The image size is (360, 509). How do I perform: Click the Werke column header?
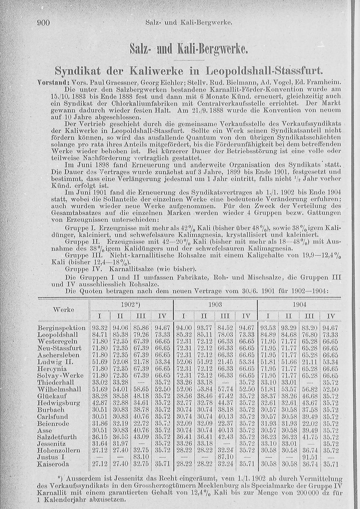[x=63, y=310]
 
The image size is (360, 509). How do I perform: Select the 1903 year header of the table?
[x=215, y=305]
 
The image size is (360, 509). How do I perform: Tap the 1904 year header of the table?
[x=300, y=305]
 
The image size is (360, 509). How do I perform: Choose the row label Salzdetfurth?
[x=57, y=437]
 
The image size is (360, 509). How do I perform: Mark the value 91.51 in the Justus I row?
[x=309, y=458]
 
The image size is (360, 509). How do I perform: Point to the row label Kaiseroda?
[x=53, y=464]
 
